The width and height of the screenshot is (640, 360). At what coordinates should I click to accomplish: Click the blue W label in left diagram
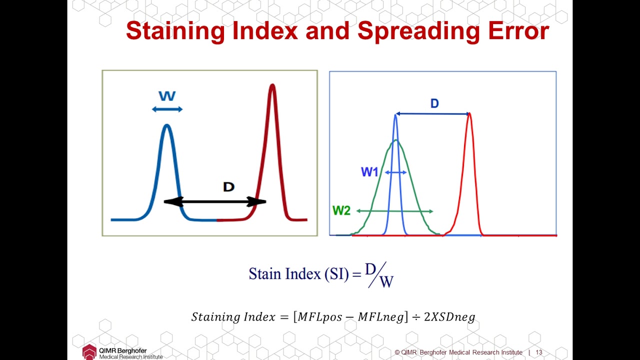coord(167,96)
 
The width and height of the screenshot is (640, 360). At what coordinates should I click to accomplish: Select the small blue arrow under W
coord(167,109)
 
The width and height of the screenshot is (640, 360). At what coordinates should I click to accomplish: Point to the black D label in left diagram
coord(228,187)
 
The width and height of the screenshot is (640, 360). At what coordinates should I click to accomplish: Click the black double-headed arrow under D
coord(215,201)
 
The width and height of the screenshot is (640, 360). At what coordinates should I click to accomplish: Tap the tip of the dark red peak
coord(272,85)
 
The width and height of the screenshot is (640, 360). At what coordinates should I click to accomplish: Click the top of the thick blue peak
coord(167,125)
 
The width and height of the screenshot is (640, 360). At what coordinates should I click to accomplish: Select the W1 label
coord(369,172)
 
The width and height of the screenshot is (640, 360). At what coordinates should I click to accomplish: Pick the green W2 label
coord(341,210)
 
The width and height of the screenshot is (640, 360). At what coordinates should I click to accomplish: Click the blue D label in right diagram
coord(434,103)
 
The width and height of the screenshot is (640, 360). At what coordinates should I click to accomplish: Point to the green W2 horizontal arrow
coord(394,211)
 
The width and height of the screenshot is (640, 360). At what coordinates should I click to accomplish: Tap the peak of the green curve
coord(396,140)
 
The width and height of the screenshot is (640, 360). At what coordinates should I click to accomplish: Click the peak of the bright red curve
coord(469,114)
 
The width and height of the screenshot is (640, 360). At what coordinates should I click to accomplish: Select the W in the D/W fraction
coord(386,282)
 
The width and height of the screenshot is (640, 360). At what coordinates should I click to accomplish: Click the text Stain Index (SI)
coord(298,274)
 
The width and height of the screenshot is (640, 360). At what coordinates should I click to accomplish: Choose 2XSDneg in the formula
coord(449,317)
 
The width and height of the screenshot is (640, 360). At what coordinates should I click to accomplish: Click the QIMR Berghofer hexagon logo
coord(89,351)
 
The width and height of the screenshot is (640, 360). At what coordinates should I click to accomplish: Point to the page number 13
coord(539,352)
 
